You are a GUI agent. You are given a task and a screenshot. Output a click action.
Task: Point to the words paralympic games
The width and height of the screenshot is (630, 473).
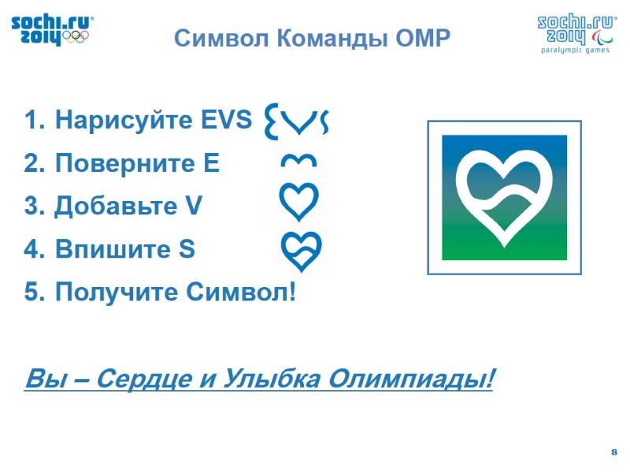575,50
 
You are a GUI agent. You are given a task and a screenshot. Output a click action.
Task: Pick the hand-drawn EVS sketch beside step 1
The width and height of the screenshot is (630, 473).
297,120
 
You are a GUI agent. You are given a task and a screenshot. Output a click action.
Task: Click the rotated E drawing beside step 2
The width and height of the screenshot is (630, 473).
299,162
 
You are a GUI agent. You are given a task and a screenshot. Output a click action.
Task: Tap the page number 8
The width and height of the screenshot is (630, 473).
613,451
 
